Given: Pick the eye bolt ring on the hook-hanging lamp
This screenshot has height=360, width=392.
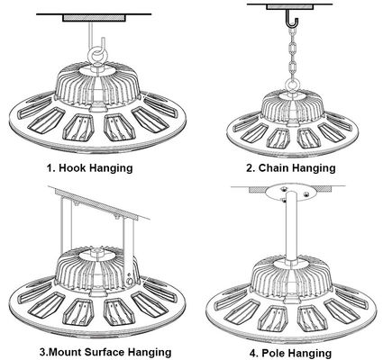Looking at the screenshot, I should click(x=92, y=60).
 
